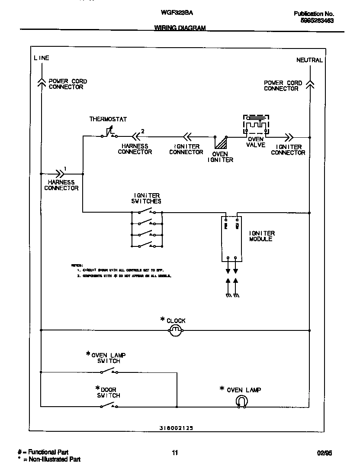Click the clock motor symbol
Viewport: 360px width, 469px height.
click(x=175, y=331)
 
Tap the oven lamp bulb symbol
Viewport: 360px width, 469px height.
click(x=241, y=402)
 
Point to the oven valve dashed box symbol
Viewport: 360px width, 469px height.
click(x=256, y=125)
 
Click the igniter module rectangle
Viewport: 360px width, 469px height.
click(x=231, y=239)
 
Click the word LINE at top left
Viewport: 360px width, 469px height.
click(x=42, y=58)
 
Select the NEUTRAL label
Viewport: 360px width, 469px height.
click(x=309, y=60)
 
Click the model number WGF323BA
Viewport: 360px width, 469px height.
click(x=174, y=13)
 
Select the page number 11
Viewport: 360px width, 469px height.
click(x=175, y=453)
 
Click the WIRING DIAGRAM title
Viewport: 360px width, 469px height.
click(x=180, y=28)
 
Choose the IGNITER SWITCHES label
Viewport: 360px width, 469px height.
click(x=146, y=198)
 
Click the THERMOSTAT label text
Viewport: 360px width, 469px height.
click(x=108, y=119)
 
